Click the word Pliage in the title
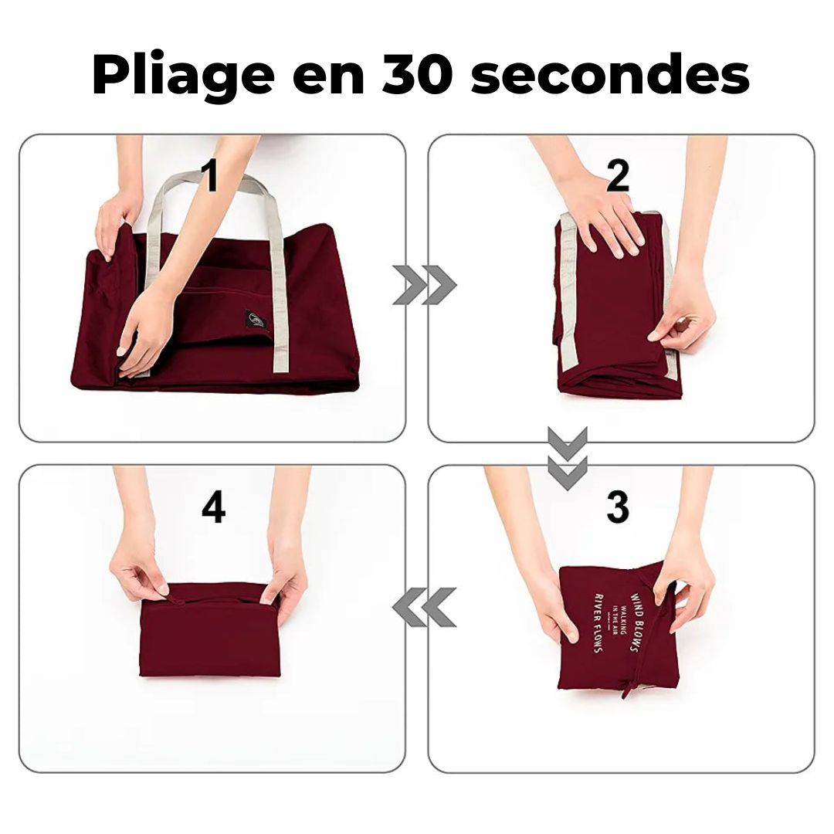pos(179,76)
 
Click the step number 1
pos(208,177)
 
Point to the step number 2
pos(618,177)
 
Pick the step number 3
pos(618,507)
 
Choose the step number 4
pos(213,507)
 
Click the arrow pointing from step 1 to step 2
pos(424,285)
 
